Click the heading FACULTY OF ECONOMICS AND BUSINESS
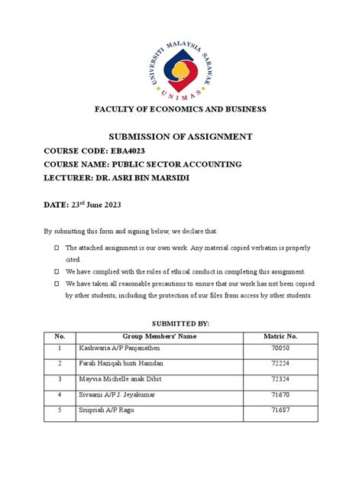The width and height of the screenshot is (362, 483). (x=180, y=109)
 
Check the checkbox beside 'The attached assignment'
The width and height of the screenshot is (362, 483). (x=57, y=248)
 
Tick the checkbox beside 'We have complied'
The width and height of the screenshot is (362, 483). (x=57, y=271)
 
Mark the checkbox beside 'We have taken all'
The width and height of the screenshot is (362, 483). (x=57, y=284)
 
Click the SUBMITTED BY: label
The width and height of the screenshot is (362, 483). (x=180, y=323)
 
